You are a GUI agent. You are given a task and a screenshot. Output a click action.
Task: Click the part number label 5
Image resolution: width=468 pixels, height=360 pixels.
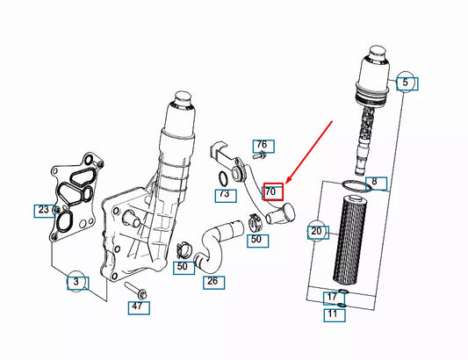coord(406,84)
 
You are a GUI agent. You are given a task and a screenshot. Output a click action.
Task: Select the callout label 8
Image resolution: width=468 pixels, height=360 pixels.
coord(374,183)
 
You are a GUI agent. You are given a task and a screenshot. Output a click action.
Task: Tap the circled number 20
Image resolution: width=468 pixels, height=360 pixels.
coord(317,232)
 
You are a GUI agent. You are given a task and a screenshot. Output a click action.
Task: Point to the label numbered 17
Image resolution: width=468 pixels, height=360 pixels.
coord(332,298)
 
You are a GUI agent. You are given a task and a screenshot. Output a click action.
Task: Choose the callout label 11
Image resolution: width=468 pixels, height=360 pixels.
coord(332,313)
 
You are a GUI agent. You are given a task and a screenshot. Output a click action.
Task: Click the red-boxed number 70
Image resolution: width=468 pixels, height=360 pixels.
coord(271,191)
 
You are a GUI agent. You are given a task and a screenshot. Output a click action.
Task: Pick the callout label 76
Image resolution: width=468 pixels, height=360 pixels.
coord(261,145)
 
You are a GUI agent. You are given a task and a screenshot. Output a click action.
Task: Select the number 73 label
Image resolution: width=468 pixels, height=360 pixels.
coord(224,193)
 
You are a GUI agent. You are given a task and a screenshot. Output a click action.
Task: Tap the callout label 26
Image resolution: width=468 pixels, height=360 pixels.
coord(212,282)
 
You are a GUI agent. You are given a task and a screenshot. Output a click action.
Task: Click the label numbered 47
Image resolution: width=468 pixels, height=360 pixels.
coord(136,306)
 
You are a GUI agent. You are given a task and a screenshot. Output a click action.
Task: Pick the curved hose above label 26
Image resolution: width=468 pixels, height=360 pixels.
coord(216,241)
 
